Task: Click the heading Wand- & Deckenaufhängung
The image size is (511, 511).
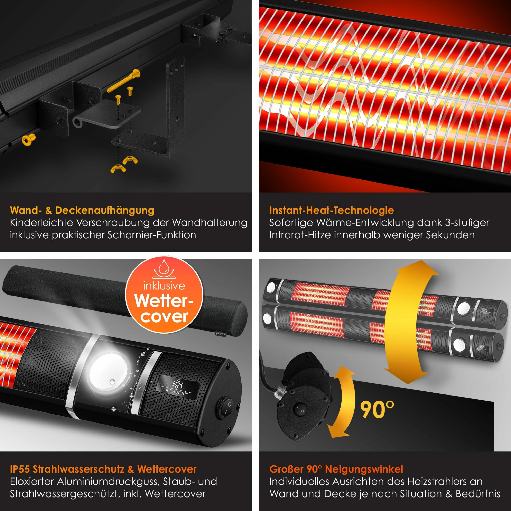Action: point(82,210)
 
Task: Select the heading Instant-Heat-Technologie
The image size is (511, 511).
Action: point(331,210)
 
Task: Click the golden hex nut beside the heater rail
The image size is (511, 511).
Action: point(28,139)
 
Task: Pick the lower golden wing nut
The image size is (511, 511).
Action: point(118,168)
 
